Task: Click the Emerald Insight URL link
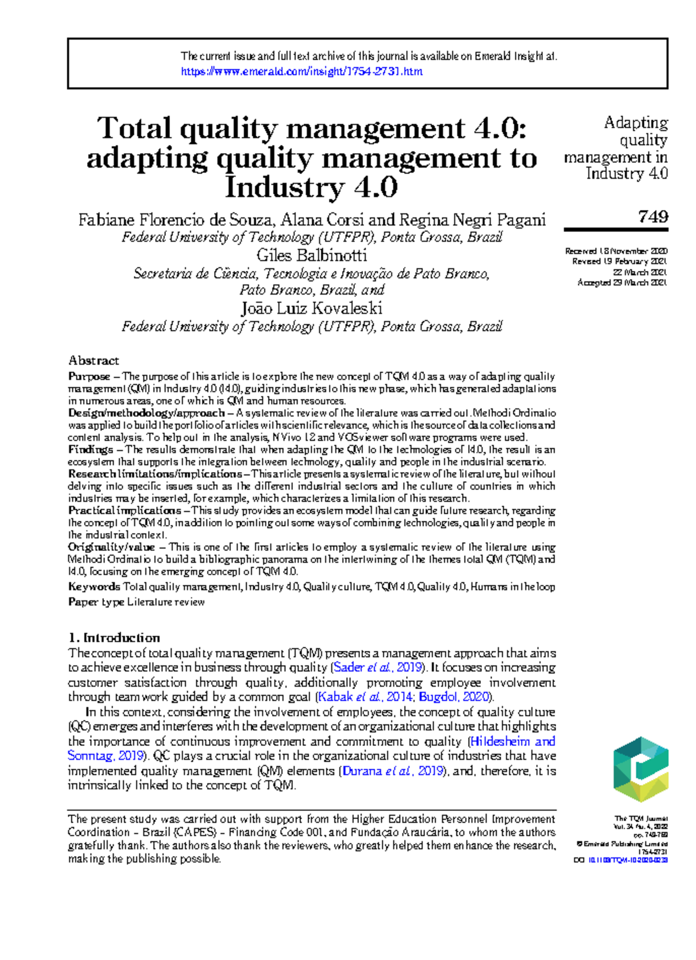(x=302, y=71)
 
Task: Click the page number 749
(x=653, y=216)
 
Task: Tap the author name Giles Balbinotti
(x=311, y=255)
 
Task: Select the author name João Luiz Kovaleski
(x=311, y=308)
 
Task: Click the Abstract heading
(x=93, y=360)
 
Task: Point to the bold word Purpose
(x=89, y=376)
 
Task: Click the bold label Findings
(x=90, y=450)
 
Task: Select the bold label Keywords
(x=94, y=586)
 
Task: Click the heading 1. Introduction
(x=114, y=637)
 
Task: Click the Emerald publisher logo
(x=641, y=770)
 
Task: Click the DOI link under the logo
(x=628, y=860)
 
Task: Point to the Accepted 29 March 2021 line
(x=622, y=282)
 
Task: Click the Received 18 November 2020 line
(x=616, y=251)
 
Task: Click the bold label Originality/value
(x=111, y=547)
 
